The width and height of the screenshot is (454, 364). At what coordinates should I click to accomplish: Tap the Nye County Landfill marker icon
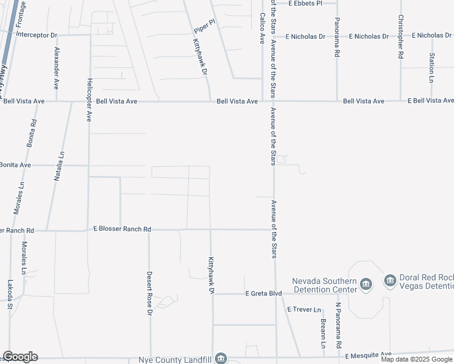(222, 358)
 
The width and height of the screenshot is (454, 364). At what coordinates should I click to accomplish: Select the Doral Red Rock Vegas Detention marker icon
(390, 281)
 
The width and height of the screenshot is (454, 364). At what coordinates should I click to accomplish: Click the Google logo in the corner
(20, 357)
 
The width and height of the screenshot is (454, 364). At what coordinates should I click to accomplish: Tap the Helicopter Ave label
(89, 99)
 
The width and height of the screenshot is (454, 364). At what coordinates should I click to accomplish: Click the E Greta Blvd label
(264, 294)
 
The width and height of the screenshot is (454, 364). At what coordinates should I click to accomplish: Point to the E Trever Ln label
(305, 309)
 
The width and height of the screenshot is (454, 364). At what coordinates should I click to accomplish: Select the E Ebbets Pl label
(305, 3)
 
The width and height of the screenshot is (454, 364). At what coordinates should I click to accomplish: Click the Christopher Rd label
(401, 37)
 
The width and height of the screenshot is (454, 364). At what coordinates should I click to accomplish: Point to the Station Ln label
(432, 68)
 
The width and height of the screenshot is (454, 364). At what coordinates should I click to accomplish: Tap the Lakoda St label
(10, 294)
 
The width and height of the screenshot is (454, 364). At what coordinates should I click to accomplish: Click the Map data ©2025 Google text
(417, 359)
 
